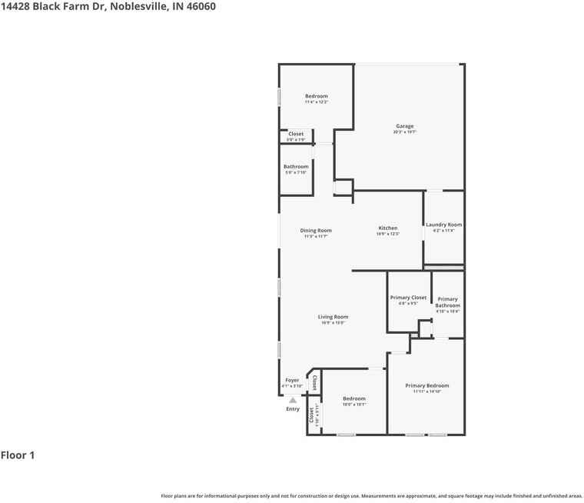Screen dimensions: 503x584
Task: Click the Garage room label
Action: pyautogui.click(x=405, y=126)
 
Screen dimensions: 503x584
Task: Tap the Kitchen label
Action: pyautogui.click(x=388, y=228)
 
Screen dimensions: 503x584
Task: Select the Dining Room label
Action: pyautogui.click(x=316, y=231)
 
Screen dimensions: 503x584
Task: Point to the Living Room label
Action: pyautogui.click(x=333, y=317)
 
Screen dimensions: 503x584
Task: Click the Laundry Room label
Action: pyautogui.click(x=443, y=225)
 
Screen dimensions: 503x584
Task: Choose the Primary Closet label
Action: pyautogui.click(x=408, y=298)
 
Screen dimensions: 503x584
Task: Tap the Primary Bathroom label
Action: pyautogui.click(x=447, y=302)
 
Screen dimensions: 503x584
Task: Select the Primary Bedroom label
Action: pyautogui.click(x=426, y=385)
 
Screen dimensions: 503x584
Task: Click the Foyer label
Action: pyautogui.click(x=292, y=380)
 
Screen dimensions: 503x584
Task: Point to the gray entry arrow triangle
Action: pyautogui.click(x=293, y=400)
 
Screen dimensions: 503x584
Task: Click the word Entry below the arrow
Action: pyautogui.click(x=293, y=409)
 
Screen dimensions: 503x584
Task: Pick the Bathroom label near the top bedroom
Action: pyautogui.click(x=296, y=166)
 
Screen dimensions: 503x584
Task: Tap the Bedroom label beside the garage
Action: pyautogui.click(x=316, y=96)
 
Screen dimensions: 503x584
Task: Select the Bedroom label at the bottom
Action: pyautogui.click(x=353, y=398)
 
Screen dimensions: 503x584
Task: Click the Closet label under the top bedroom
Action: pyautogui.click(x=296, y=134)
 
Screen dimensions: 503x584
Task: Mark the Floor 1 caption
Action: pyautogui.click(x=18, y=455)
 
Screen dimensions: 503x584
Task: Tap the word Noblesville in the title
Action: pyautogui.click(x=137, y=7)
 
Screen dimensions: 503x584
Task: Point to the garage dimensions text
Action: pyautogui.click(x=405, y=132)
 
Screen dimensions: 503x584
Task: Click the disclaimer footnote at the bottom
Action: pyautogui.click(x=371, y=496)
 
